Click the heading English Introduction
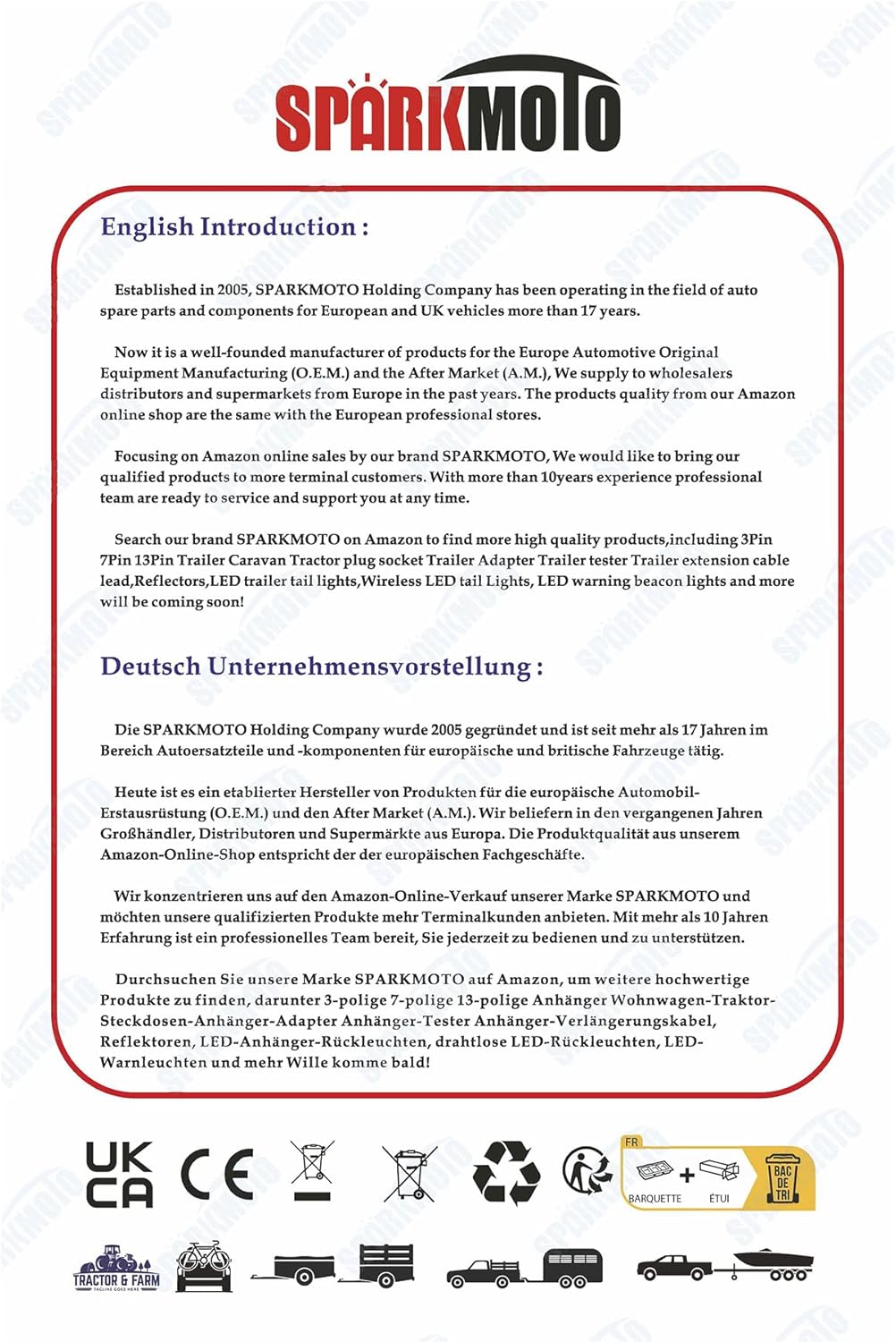coord(234,227)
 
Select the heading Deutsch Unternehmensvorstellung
coord(321,667)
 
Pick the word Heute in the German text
coord(135,792)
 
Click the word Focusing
coord(146,456)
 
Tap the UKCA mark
coord(119,1174)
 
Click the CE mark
coord(216,1174)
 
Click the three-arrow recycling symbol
coord(506,1171)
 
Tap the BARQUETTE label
coord(655,1199)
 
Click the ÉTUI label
coord(719,1199)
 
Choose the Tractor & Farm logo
coord(116,1268)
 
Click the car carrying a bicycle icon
coord(205,1266)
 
